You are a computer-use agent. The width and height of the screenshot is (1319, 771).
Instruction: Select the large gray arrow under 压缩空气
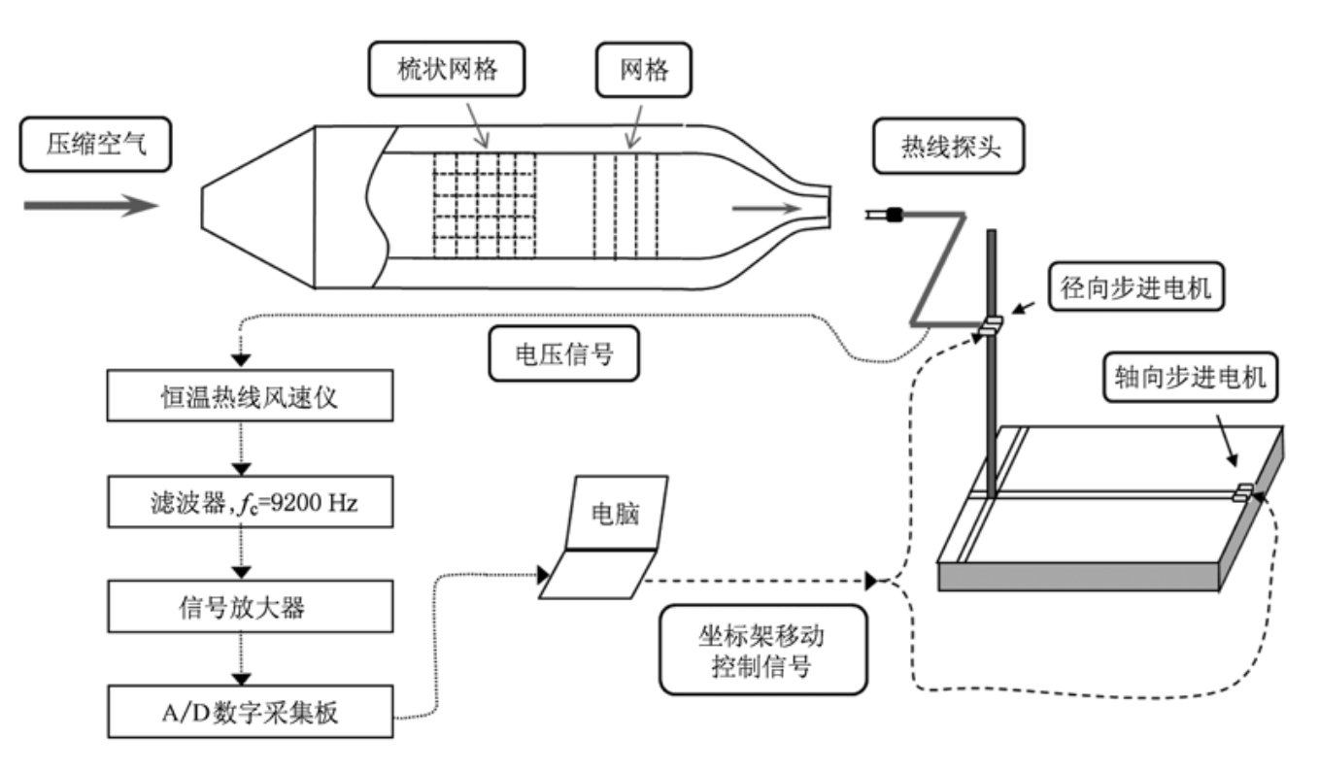90,206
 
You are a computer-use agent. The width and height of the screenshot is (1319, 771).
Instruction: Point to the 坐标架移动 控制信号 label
761,650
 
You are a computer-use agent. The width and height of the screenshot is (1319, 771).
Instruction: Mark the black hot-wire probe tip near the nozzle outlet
894,213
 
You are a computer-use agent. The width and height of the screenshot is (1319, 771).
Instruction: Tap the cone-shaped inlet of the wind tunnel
258,207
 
